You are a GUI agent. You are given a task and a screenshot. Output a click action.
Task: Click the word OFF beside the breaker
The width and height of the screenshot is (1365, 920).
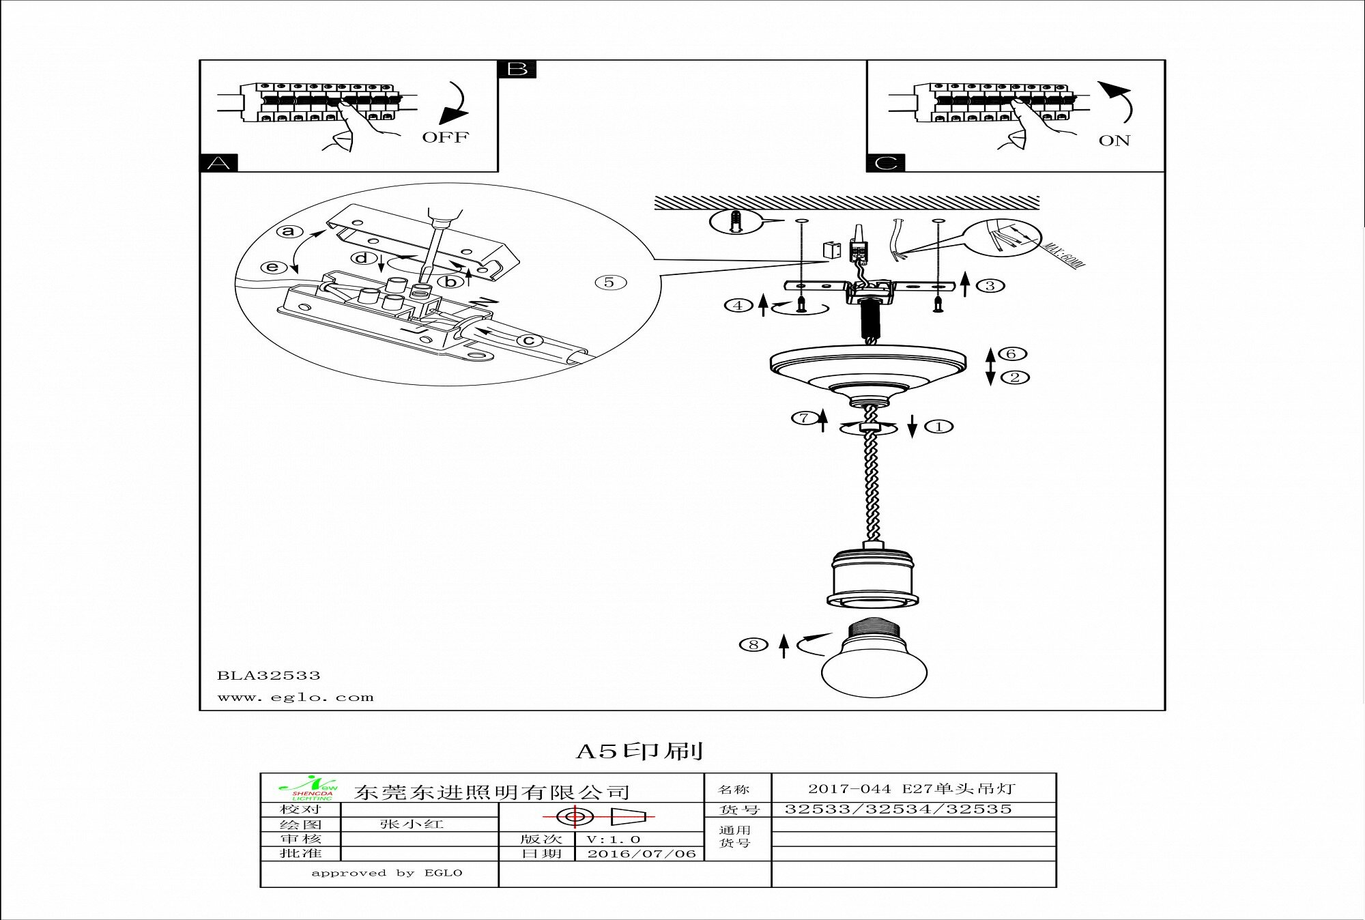point(445,137)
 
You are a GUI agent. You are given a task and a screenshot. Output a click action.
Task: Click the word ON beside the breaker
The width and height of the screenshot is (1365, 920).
point(1114,141)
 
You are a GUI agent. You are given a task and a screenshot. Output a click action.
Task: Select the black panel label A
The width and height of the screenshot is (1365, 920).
point(218,163)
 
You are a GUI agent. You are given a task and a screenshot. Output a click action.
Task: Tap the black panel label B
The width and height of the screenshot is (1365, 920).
point(517,69)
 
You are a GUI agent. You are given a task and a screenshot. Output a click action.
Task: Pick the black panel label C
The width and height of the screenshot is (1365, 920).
point(885,163)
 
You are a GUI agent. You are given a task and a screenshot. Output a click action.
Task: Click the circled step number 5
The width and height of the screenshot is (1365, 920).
point(609,283)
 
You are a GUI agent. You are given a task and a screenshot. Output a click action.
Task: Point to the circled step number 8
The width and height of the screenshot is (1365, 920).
point(753,644)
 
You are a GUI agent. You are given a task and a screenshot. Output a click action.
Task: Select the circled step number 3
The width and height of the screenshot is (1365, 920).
point(990,285)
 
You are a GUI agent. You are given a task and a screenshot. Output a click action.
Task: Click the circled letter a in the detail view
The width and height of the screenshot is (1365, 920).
point(289,231)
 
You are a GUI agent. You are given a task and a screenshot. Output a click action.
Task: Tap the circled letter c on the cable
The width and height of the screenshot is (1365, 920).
point(528,341)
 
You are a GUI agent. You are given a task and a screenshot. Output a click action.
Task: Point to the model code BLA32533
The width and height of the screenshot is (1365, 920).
point(269,676)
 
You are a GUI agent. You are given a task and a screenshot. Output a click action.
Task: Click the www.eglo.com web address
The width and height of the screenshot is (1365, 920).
point(296,698)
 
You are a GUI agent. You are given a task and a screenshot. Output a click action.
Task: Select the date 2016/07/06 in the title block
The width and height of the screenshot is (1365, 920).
point(642,854)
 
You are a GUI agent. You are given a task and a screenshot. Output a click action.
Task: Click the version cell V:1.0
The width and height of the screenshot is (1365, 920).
point(614,839)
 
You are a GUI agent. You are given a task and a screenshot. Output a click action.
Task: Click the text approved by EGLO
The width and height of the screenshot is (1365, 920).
point(386,873)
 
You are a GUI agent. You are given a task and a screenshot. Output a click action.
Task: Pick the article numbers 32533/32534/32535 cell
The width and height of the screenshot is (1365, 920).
point(897,809)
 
